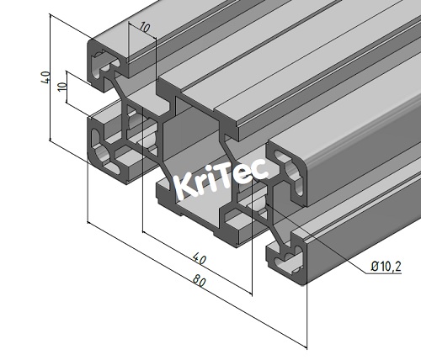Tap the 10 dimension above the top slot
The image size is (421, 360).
tap(146, 28)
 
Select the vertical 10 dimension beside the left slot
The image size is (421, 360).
tap(61, 89)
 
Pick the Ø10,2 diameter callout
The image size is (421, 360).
tap(385, 267)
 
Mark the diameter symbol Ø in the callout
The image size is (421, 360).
tap(373, 267)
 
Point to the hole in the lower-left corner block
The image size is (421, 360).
tap(107, 156)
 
